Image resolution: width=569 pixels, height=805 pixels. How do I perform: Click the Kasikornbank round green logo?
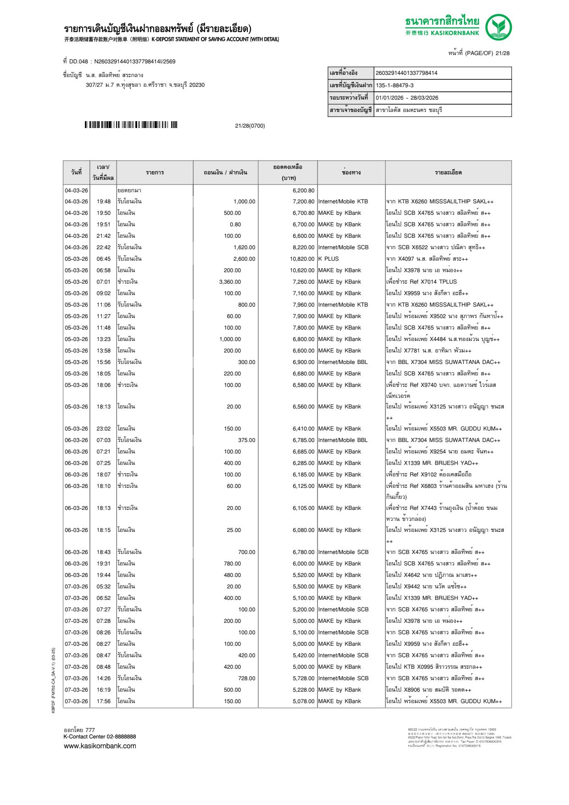click(498, 27)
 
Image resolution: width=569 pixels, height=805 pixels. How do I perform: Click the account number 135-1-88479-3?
click(394, 85)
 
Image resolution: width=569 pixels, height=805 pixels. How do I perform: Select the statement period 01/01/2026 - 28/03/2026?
click(407, 98)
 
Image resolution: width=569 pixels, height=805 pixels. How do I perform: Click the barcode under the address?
click(131, 125)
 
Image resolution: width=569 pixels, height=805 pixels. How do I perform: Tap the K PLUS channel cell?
click(329, 259)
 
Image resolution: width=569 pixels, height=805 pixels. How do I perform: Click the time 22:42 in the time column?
click(103, 247)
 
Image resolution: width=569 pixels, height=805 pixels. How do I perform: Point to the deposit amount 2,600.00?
click(244, 259)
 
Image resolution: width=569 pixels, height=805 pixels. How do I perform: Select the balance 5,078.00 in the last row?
click(303, 701)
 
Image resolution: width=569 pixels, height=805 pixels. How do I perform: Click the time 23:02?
click(103, 429)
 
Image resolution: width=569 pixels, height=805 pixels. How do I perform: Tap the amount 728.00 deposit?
click(246, 678)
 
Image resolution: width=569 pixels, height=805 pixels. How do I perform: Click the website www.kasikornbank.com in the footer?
click(100, 746)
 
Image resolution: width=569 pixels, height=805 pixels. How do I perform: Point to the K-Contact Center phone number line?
click(100, 737)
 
